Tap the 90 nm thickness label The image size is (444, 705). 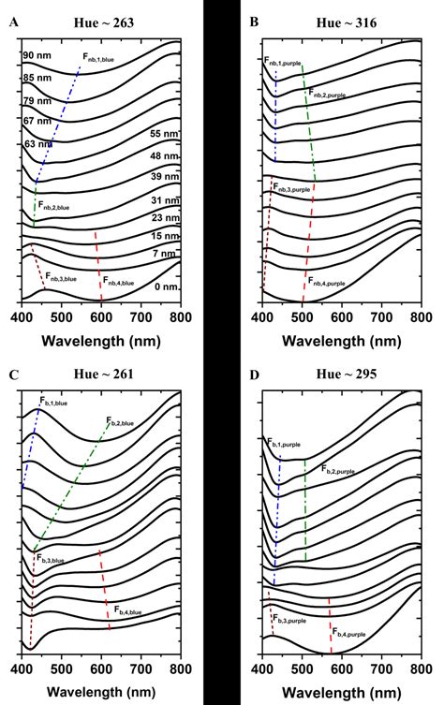pos(37,56)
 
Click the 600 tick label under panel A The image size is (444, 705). pos(101,319)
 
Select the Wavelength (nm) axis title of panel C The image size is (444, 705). pos(101,693)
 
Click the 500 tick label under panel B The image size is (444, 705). pos(303,319)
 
